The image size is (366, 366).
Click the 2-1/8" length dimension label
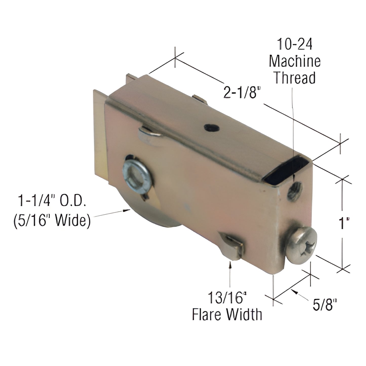pyautogui.click(x=242, y=93)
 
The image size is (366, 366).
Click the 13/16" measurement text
pyautogui.click(x=227, y=298)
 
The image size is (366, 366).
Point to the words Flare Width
pyautogui.click(x=227, y=314)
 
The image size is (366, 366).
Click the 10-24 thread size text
pyautogui.click(x=295, y=44)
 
